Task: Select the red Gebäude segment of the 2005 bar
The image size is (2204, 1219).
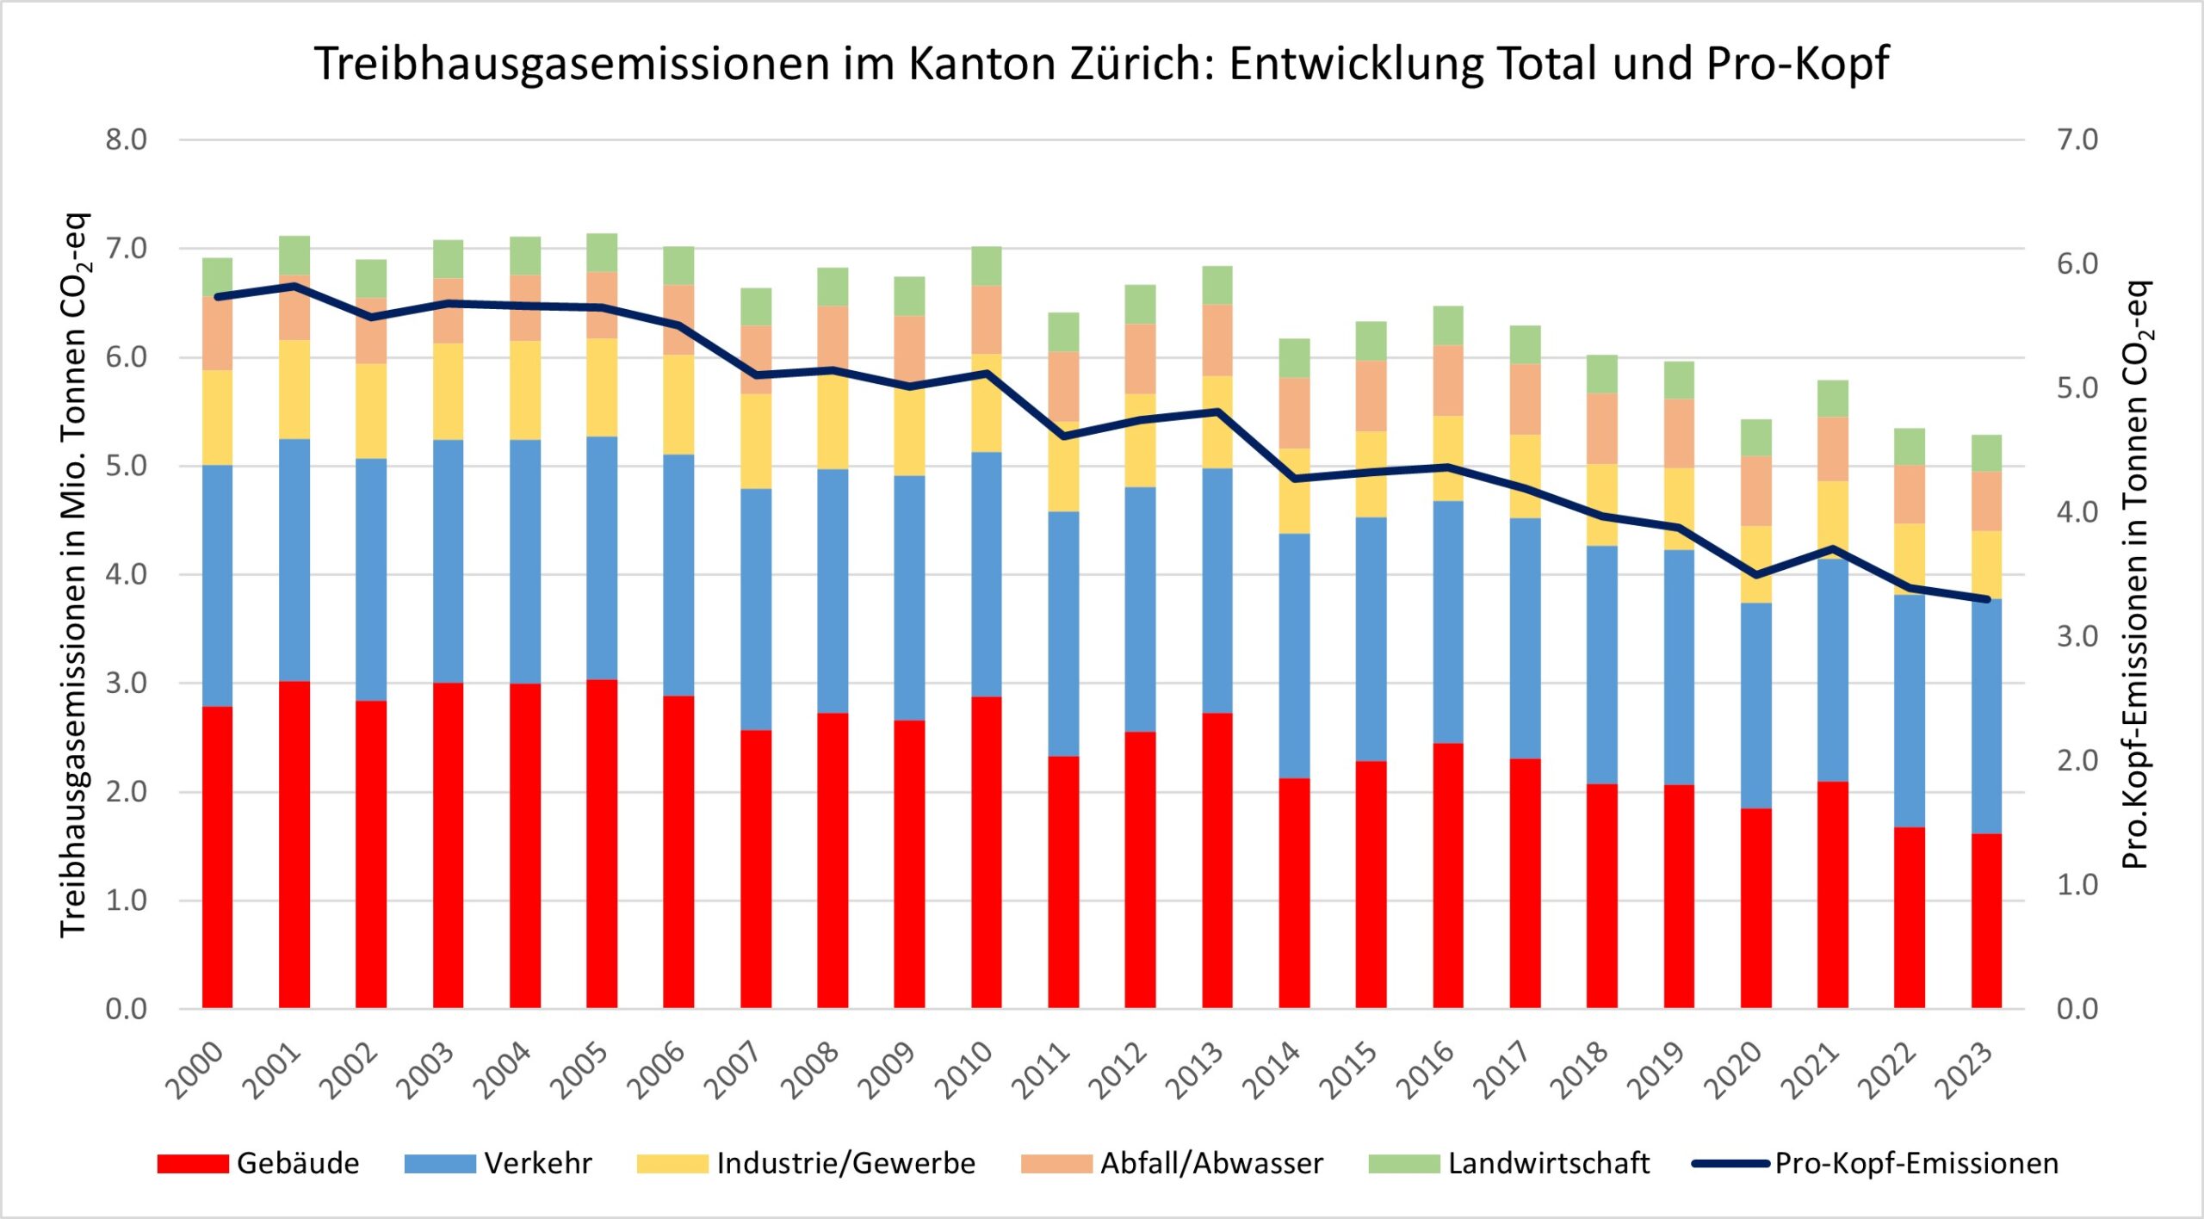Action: (x=602, y=844)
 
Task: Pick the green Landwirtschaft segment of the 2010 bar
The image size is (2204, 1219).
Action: (x=986, y=266)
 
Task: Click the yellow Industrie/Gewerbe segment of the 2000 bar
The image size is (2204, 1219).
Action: (x=217, y=418)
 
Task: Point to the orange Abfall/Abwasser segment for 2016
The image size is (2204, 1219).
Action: (x=1448, y=381)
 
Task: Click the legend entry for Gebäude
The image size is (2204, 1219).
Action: (x=258, y=1164)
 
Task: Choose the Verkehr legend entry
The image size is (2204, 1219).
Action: (x=498, y=1164)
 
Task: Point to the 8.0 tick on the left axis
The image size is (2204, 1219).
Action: (x=127, y=139)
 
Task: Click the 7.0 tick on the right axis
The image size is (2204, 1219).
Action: (x=2077, y=139)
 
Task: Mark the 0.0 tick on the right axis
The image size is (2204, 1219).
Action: (x=2077, y=1009)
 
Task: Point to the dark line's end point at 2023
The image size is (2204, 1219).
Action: (x=1986, y=599)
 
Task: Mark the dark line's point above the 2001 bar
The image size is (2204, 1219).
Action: (x=294, y=285)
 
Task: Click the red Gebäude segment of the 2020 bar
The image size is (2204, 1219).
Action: (x=1755, y=908)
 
